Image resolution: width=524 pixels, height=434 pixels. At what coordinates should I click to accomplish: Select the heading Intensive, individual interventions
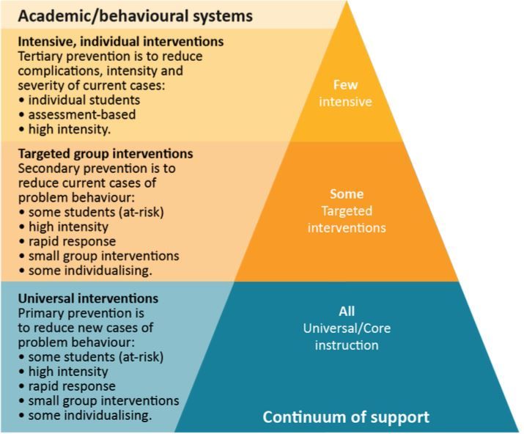point(120,42)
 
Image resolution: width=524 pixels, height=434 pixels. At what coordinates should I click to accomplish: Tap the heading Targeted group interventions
point(105,154)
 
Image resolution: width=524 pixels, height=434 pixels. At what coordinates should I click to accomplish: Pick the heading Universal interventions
point(87,298)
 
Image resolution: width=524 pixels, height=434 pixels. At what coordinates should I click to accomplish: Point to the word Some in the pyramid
point(347,194)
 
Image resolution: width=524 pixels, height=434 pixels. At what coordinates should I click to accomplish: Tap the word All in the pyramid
point(347,312)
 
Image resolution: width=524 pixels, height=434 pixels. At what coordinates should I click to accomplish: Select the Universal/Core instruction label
point(347,336)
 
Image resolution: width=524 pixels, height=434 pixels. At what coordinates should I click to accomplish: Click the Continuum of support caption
point(346,418)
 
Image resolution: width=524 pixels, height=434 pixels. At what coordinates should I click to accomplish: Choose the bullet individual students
point(77,100)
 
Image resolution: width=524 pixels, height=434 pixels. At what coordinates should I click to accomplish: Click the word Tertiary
point(41,56)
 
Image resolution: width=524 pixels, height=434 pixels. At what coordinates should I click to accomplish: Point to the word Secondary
point(45,169)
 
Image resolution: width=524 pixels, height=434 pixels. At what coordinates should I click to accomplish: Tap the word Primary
point(39,313)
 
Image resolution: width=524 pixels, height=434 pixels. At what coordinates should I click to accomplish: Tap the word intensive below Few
point(346,102)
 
